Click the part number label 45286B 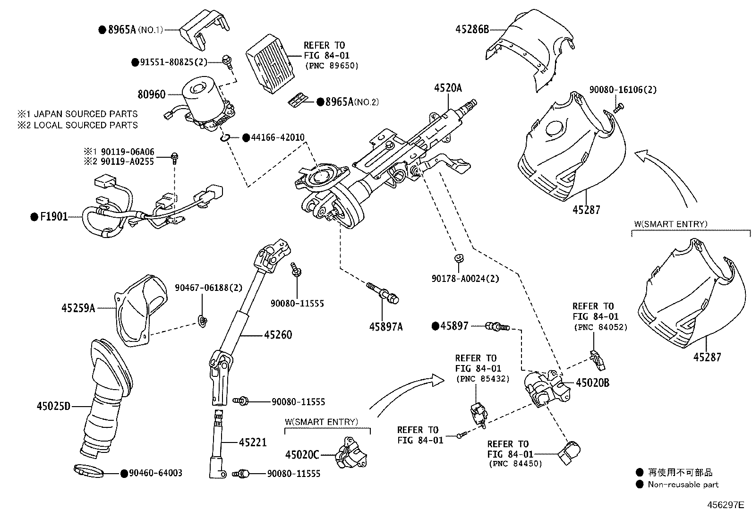tap(472, 29)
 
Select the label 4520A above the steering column tap(448, 88)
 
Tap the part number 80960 tap(152, 94)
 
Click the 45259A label tap(78, 308)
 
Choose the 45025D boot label tap(53, 406)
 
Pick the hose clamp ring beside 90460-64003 tap(89, 470)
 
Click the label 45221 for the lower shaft tap(253, 442)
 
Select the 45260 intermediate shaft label tap(278, 335)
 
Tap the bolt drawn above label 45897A tap(382, 292)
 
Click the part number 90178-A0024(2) tap(465, 279)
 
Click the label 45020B tap(592, 383)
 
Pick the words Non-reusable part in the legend tap(683, 484)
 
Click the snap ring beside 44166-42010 tap(225, 137)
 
